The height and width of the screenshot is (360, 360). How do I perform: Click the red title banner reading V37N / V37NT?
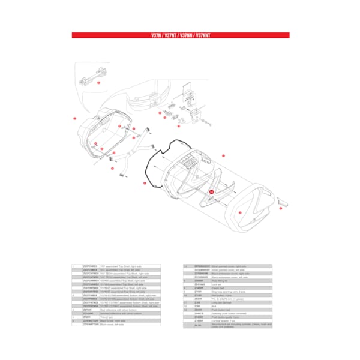click(181, 35)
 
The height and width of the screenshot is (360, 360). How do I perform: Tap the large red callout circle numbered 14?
click(211, 191)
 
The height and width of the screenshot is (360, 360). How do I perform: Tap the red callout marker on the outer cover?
click(239, 213)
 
